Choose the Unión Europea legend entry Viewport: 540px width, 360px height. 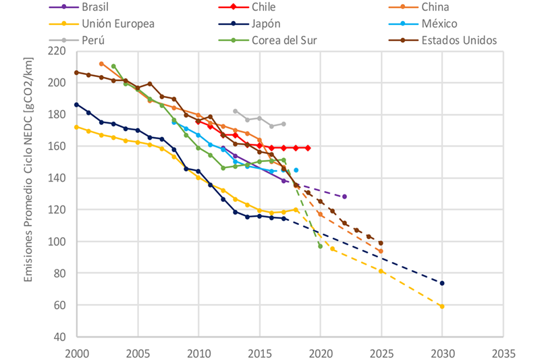point(117,24)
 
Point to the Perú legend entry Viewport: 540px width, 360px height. point(94,40)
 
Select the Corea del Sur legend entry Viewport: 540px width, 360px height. point(288,40)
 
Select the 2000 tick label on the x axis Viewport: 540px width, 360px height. point(77,353)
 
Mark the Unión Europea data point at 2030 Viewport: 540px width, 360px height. point(442,307)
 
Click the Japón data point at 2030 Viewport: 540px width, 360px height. point(442,283)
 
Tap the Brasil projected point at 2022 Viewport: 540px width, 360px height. point(344,197)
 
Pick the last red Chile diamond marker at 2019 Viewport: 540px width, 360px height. point(308,148)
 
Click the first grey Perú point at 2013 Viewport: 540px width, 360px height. point(235,111)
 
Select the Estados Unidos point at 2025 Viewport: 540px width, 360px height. point(381,243)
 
